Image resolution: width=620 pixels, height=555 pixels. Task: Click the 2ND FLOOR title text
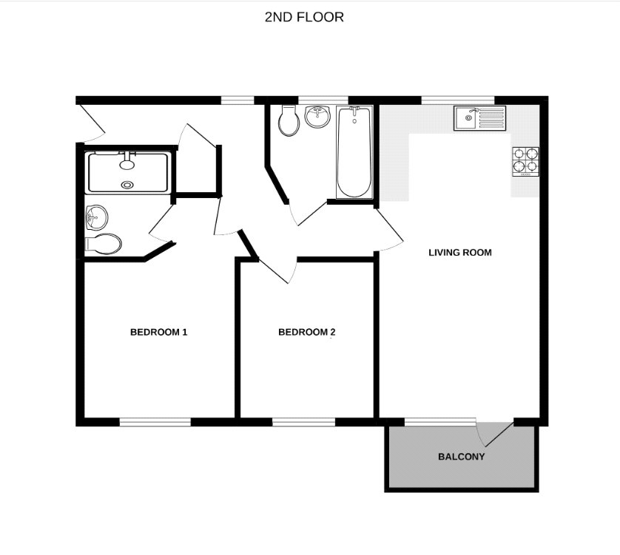tap(304, 16)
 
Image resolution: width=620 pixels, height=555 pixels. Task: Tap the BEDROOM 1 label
tap(158, 333)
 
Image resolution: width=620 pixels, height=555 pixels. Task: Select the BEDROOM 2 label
tap(307, 333)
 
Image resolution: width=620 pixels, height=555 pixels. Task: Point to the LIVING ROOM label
tap(460, 253)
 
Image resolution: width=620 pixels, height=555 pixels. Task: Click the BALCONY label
tap(462, 457)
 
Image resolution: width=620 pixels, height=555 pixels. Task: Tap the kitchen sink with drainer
tap(480, 118)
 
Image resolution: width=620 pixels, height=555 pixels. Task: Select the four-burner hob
tap(525, 161)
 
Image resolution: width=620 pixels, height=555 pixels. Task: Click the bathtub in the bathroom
tap(354, 151)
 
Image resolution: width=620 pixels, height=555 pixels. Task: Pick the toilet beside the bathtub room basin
tap(289, 120)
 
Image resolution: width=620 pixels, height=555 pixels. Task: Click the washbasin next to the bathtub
tap(317, 116)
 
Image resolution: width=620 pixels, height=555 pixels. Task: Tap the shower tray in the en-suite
tap(129, 171)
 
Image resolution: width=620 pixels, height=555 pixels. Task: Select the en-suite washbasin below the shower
tap(96, 217)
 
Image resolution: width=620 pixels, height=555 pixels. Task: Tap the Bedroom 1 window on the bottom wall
tap(155, 422)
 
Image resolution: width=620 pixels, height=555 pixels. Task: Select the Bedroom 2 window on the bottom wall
tap(304, 422)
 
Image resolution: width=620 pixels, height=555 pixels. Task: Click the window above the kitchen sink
tap(458, 99)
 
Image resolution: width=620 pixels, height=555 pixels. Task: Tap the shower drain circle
tap(128, 185)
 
